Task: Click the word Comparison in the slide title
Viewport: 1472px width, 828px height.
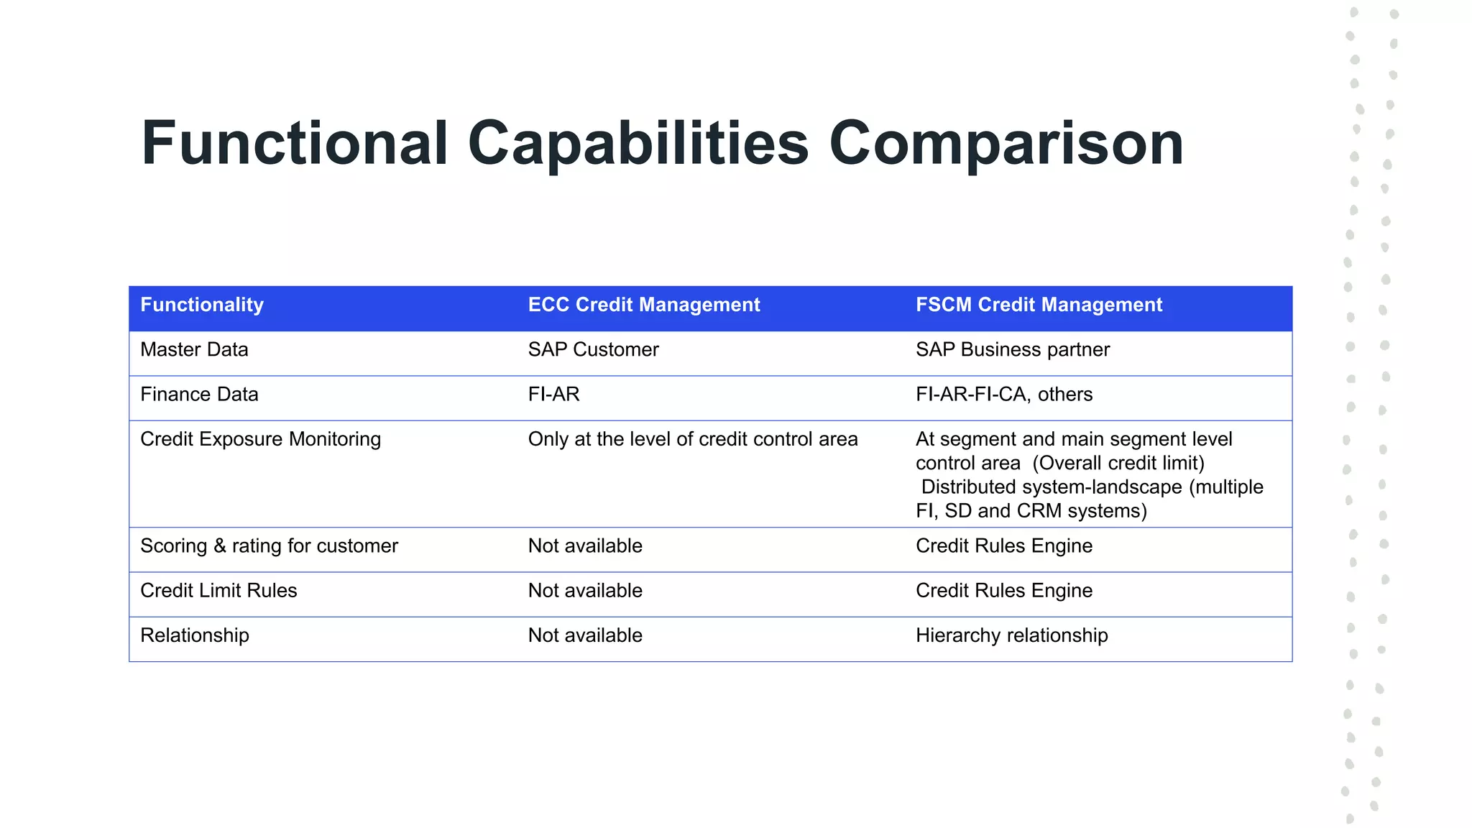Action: (x=1006, y=144)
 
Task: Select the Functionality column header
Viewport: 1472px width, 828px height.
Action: (x=202, y=305)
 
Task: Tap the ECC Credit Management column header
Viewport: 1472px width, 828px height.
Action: (x=644, y=305)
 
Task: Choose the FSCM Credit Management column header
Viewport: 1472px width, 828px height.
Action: (x=1039, y=305)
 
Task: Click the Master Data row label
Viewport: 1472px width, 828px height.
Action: (x=194, y=349)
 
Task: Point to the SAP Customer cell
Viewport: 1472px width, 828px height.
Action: (x=593, y=349)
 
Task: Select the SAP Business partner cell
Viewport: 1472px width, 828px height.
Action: (x=1012, y=349)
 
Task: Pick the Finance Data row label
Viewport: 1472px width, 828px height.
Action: (x=199, y=394)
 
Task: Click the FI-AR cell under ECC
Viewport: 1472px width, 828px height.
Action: (x=553, y=394)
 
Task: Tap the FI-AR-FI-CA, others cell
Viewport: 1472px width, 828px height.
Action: (x=1003, y=394)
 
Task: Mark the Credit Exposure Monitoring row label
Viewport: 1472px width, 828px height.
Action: (x=260, y=439)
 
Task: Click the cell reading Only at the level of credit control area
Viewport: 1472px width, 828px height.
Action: (x=692, y=439)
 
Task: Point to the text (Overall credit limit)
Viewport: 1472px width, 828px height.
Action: (x=1118, y=463)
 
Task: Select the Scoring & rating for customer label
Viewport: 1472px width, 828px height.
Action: (x=269, y=546)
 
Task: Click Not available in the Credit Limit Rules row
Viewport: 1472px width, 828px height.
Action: (x=585, y=590)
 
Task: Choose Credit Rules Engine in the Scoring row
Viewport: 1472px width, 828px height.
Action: (x=1003, y=546)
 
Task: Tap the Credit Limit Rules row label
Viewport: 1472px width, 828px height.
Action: (x=218, y=590)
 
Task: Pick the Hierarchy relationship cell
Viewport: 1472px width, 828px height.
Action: (x=1011, y=635)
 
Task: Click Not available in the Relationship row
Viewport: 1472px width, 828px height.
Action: (x=585, y=635)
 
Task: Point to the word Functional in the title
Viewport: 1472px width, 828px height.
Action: (x=295, y=144)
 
